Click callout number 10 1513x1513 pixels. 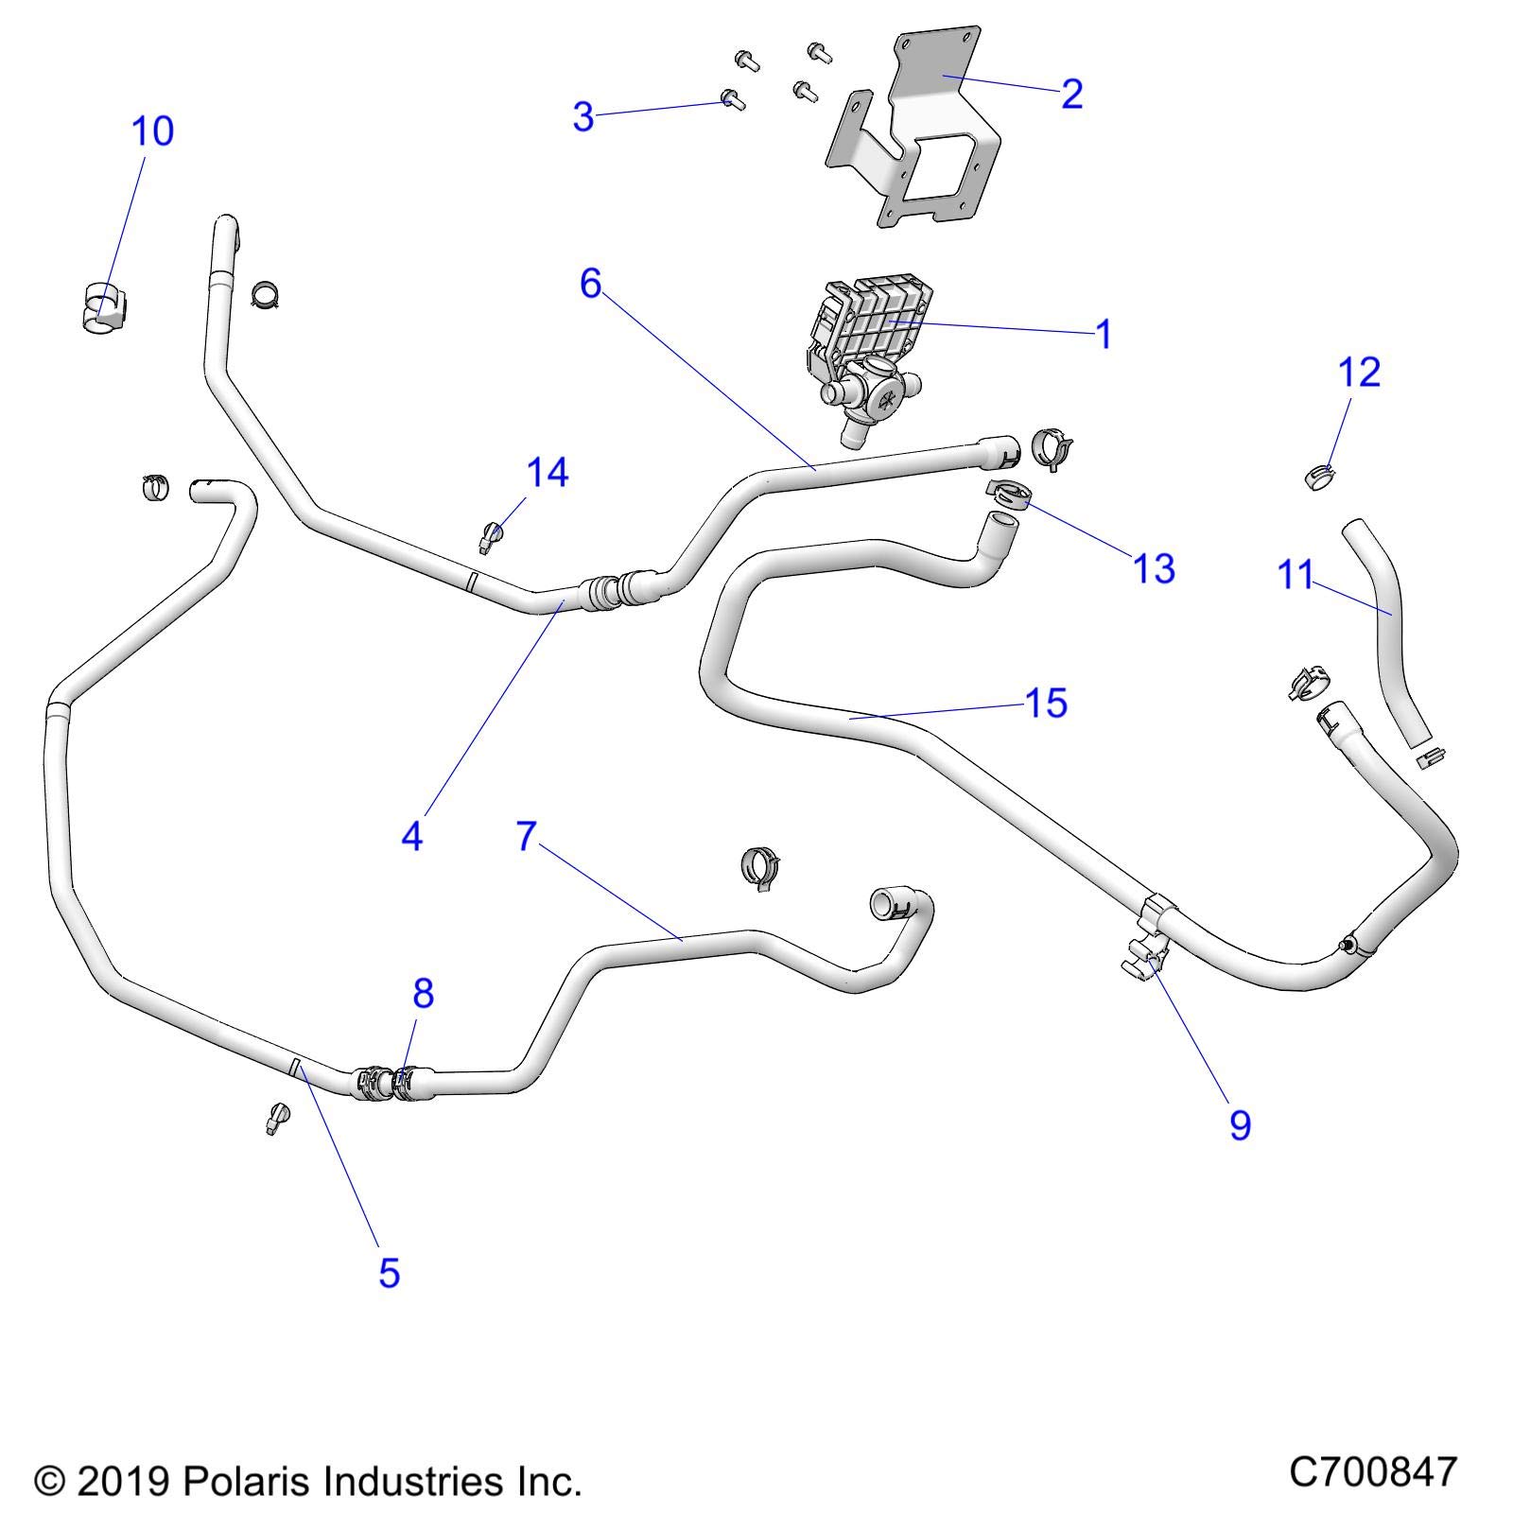coord(152,131)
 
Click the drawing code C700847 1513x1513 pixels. coord(1372,1472)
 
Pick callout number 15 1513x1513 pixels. coord(1046,703)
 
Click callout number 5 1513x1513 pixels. coord(389,1273)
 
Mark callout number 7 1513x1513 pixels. coord(527,836)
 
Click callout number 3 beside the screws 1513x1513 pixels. coord(583,116)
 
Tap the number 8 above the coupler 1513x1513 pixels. coord(423,993)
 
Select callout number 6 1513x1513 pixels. coord(590,282)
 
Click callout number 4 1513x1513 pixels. coord(411,836)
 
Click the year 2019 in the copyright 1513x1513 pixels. coord(122,1481)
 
